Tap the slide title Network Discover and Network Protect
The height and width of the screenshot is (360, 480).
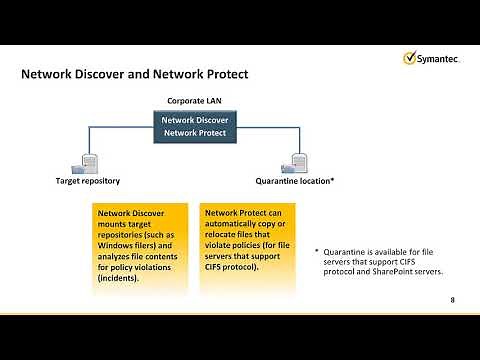point(135,75)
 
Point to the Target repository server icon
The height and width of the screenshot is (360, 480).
point(89,161)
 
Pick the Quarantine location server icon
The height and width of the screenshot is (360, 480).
point(299,161)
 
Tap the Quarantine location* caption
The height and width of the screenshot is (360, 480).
point(296,182)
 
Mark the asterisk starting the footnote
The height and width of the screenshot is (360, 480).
point(316,252)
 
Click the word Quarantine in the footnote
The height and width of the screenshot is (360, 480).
point(349,252)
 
